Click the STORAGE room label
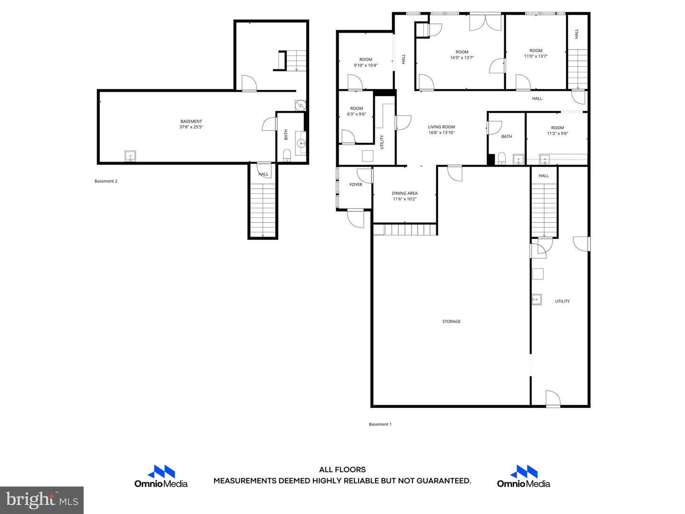[x=451, y=321]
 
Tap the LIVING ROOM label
[x=441, y=127]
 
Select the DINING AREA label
[x=404, y=193]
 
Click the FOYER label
[x=356, y=185]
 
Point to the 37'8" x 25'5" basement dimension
[x=191, y=127]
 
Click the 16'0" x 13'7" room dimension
[x=462, y=58]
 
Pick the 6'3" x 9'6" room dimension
[x=356, y=114]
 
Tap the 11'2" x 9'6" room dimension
[x=558, y=133]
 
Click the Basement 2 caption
[x=106, y=181]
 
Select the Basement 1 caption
[x=380, y=424]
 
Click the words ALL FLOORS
[x=342, y=469]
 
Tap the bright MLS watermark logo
[x=42, y=500]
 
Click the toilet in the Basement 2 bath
[x=286, y=155]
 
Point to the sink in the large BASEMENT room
[x=130, y=156]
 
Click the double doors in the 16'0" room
[x=485, y=22]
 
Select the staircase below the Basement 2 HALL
[x=263, y=210]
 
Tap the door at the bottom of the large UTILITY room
[x=553, y=399]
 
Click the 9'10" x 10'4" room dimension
[x=365, y=65]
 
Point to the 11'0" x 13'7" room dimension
[x=536, y=56]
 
